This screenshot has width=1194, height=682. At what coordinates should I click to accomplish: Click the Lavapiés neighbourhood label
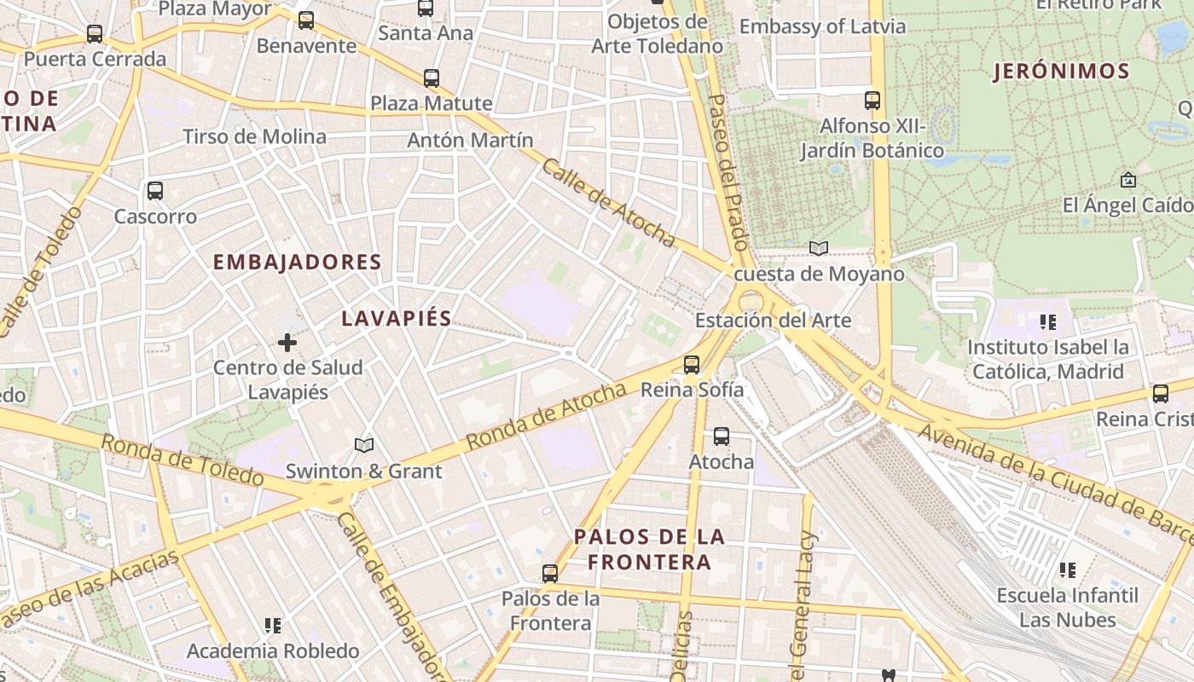397,319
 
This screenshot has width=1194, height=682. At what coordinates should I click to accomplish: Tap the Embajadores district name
297,263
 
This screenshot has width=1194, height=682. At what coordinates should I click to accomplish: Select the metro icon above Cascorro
155,191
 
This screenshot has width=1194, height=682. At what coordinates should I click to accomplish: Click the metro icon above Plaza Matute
432,78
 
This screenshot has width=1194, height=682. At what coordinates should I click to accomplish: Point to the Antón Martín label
470,140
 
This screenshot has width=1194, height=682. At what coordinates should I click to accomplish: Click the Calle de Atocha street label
608,203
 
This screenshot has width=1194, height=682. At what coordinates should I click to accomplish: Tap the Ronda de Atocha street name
547,417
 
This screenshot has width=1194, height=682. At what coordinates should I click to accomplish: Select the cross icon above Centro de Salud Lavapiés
287,343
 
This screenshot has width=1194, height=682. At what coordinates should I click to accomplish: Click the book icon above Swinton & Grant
364,445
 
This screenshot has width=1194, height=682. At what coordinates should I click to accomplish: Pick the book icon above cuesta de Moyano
819,248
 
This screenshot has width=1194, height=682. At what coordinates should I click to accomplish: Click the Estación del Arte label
773,321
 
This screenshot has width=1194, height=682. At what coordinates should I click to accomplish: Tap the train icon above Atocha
722,436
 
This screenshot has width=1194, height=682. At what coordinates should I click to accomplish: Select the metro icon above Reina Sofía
692,365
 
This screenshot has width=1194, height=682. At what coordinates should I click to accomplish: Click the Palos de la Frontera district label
650,549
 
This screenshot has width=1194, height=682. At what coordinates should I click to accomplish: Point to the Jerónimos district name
1061,72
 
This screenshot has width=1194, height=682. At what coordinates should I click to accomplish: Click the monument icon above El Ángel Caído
1128,180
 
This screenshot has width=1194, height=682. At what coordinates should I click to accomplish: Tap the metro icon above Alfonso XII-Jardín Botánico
872,101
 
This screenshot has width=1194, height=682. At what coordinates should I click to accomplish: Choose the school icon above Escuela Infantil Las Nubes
1067,569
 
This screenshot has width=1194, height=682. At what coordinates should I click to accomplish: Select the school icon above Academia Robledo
273,626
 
